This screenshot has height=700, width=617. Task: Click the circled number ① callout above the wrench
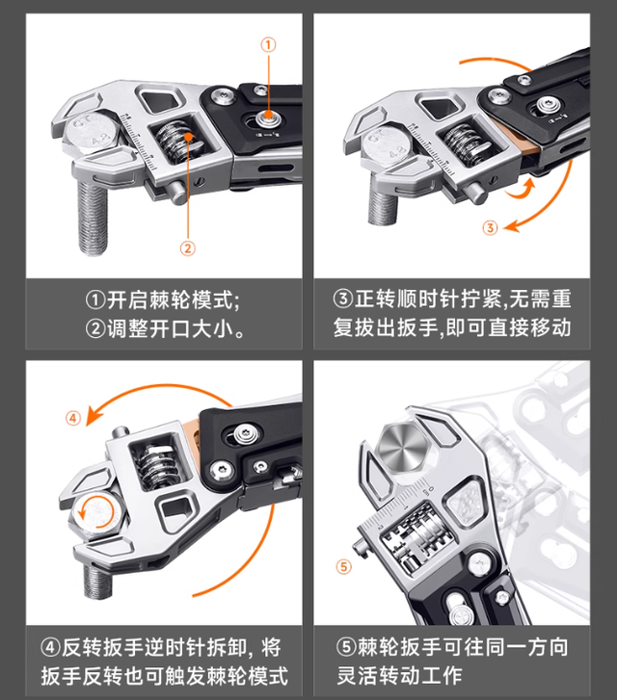click(x=268, y=44)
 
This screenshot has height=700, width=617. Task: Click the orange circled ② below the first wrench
click(x=188, y=248)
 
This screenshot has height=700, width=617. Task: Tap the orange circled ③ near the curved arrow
click(x=490, y=227)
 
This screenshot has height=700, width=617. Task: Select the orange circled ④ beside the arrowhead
click(x=73, y=418)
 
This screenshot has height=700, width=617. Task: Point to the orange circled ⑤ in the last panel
click(x=343, y=567)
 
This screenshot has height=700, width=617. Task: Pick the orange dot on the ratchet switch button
click(x=268, y=115)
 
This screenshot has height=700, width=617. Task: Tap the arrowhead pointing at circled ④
click(x=94, y=415)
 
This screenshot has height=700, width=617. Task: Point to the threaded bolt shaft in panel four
click(x=97, y=580)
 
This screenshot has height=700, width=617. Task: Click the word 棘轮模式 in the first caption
click(x=191, y=299)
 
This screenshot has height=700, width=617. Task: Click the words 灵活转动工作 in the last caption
click(x=399, y=675)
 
